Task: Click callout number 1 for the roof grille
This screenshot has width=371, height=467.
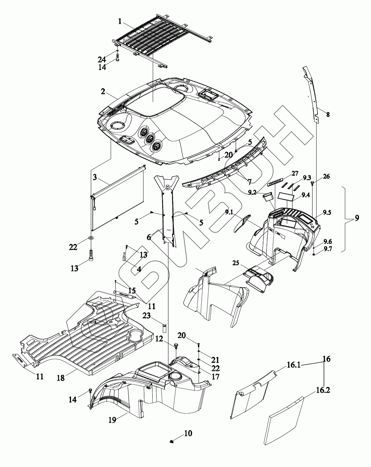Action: coord(120,21)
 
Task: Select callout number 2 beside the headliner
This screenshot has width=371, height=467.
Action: coord(103,92)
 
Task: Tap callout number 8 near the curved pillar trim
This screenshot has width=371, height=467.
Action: coord(328,114)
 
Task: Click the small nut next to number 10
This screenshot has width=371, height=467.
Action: coord(171,441)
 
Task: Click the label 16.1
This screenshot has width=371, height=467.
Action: coord(293,365)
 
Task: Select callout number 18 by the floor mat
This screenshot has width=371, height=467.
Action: coord(61,378)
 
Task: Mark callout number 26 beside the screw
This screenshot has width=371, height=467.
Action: coord(326,177)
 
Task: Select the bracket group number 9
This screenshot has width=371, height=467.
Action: coord(357,218)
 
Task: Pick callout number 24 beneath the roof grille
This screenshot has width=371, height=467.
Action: coord(101,59)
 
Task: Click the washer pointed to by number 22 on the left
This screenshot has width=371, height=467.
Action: coord(91,238)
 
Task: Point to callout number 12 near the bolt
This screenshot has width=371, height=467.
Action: coord(159,339)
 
